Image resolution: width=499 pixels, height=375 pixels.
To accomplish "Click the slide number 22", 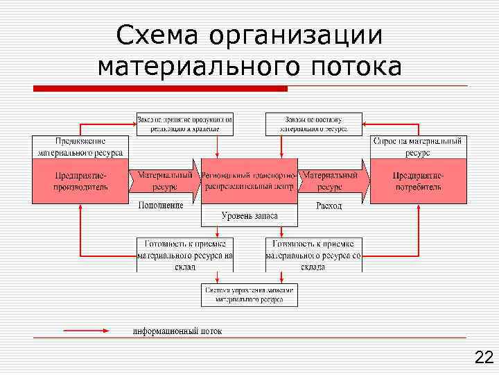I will click(483, 358).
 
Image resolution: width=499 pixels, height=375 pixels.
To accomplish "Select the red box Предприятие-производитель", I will click(80, 181).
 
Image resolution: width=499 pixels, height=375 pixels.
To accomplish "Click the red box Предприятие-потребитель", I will click(418, 181).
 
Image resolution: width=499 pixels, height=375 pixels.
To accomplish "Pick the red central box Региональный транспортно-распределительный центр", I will click(249, 181).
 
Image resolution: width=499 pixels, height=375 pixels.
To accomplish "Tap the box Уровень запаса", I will click(249, 216).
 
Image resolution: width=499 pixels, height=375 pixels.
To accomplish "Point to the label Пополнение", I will click(161, 206).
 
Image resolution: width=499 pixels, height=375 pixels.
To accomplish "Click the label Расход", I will click(329, 206).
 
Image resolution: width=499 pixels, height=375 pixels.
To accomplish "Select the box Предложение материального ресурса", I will click(80, 147).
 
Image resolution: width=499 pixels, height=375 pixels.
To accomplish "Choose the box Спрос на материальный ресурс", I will click(418, 147).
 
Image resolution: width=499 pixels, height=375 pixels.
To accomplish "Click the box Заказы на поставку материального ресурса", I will click(314, 124).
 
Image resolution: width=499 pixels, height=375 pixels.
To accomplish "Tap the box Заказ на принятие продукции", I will click(184, 124).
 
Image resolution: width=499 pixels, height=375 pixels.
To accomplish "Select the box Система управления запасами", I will click(249, 295).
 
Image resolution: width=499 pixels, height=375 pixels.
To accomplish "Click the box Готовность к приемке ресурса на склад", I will click(184, 254).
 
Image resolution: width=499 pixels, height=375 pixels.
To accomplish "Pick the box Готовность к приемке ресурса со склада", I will click(314, 254).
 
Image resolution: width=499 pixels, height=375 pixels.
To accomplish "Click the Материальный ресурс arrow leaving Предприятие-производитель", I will click(164, 181).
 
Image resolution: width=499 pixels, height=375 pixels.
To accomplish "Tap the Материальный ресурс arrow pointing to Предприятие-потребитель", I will click(332, 181).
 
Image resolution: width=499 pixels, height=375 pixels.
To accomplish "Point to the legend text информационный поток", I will click(177, 331).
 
